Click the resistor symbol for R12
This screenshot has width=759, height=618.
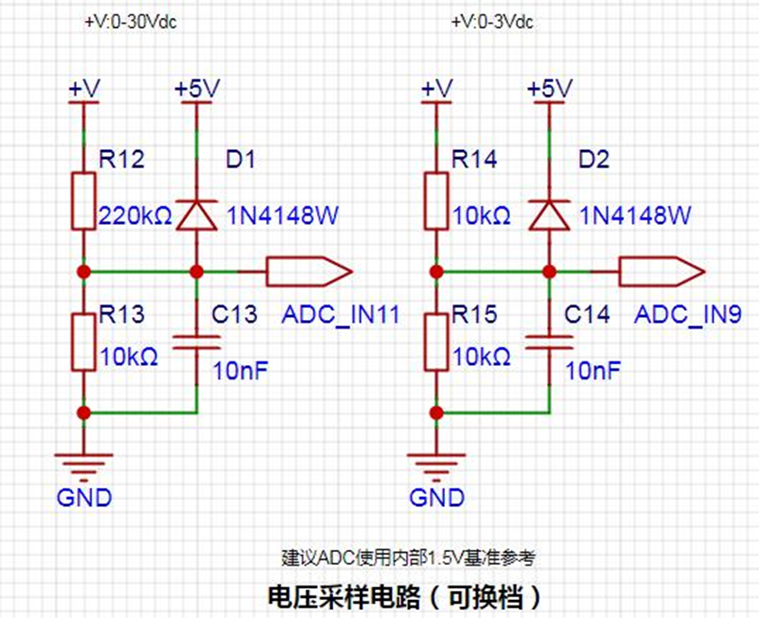[x=84, y=201]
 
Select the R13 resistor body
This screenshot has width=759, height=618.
[x=84, y=342]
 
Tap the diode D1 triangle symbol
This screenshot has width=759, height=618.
[x=197, y=215]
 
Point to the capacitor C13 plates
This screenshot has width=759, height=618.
[x=197, y=342]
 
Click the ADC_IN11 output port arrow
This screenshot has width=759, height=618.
[x=310, y=271]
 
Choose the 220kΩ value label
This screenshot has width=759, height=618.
[x=135, y=216]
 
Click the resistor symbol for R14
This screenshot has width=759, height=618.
[x=436, y=201]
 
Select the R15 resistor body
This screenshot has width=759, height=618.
[x=436, y=342]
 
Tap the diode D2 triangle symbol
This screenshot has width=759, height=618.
[x=550, y=215]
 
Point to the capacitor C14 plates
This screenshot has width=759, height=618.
[x=550, y=342]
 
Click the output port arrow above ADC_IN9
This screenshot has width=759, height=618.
[x=662, y=271]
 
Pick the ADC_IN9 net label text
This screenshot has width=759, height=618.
[x=688, y=314]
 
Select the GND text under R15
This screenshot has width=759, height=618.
[x=437, y=497]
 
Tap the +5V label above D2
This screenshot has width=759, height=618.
[x=550, y=89]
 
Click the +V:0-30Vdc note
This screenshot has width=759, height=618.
[x=131, y=22]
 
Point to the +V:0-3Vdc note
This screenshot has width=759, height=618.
[x=492, y=22]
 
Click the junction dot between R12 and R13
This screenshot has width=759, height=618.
[x=84, y=271]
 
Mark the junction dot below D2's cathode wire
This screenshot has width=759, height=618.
[x=550, y=271]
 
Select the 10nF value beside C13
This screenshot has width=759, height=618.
[x=241, y=370]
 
